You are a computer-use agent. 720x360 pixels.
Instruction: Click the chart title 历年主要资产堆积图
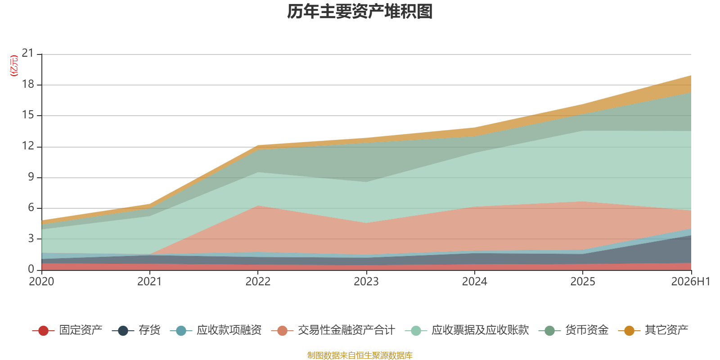point(360,12)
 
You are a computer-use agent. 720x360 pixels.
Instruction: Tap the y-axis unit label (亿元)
point(14,66)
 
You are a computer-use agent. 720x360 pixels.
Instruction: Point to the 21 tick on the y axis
point(27,53)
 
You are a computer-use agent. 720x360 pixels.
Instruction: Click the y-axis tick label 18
point(27,84)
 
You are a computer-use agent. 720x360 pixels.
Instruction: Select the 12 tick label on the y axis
point(27,146)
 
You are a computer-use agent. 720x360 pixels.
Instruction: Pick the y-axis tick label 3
point(31,238)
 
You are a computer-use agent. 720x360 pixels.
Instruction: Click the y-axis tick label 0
point(31,269)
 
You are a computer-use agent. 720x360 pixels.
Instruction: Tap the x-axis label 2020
point(41,282)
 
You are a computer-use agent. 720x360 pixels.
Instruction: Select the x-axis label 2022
point(258,282)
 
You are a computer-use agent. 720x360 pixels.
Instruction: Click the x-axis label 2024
point(474,282)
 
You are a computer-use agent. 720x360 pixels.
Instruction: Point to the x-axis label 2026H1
point(690,282)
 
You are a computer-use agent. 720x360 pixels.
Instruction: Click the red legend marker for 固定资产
point(43,330)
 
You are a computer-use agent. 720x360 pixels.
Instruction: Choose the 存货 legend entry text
point(149,330)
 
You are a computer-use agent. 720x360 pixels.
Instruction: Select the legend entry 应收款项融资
point(229,330)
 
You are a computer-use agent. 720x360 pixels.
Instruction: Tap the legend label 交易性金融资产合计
point(346,330)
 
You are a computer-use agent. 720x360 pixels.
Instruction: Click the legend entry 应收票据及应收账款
point(480,330)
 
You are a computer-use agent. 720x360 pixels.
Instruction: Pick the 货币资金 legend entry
point(587,330)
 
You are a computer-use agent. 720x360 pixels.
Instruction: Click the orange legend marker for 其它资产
point(629,330)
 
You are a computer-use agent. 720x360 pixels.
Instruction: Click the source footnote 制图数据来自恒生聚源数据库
point(360,355)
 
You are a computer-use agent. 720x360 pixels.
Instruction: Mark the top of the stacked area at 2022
point(258,146)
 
